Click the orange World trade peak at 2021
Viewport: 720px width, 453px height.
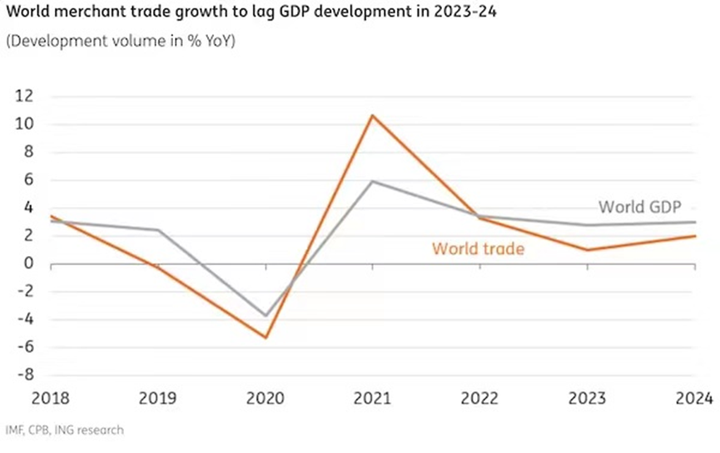click(373, 115)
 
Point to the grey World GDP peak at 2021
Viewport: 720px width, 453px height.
click(373, 181)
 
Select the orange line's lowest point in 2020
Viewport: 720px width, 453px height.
click(266, 337)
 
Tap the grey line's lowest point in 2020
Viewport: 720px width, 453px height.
click(266, 316)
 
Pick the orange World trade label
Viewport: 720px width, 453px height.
click(478, 248)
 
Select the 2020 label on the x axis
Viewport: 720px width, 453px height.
click(266, 397)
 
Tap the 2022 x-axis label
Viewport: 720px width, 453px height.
click(480, 397)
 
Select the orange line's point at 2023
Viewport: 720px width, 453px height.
click(588, 250)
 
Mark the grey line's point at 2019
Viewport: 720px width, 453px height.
click(158, 230)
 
